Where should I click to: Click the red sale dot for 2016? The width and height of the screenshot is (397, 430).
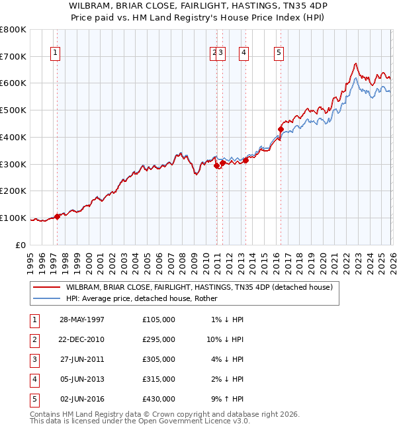tap(279, 129)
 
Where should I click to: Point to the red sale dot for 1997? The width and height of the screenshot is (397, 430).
tap(58, 216)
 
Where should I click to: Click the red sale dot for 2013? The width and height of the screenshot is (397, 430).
tap(245, 159)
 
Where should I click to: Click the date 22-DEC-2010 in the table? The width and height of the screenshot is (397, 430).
tap(81, 339)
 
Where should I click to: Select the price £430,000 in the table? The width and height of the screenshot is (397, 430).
tap(159, 399)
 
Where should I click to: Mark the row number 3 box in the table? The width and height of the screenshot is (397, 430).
tap(33, 359)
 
